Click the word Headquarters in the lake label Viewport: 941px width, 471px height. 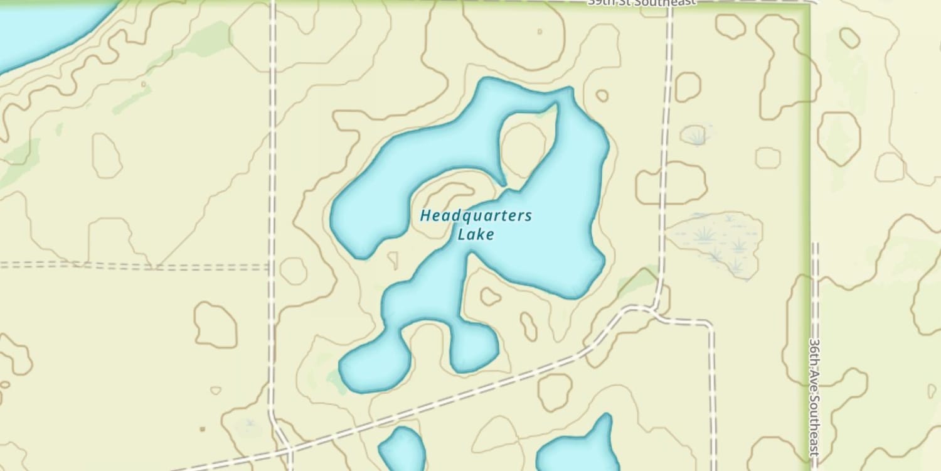[476, 216]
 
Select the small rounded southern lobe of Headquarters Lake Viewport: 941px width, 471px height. [474, 349]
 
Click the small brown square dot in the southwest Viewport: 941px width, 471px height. [202, 430]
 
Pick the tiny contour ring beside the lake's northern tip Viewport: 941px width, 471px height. [602, 95]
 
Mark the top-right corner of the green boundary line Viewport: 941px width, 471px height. [809, 6]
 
